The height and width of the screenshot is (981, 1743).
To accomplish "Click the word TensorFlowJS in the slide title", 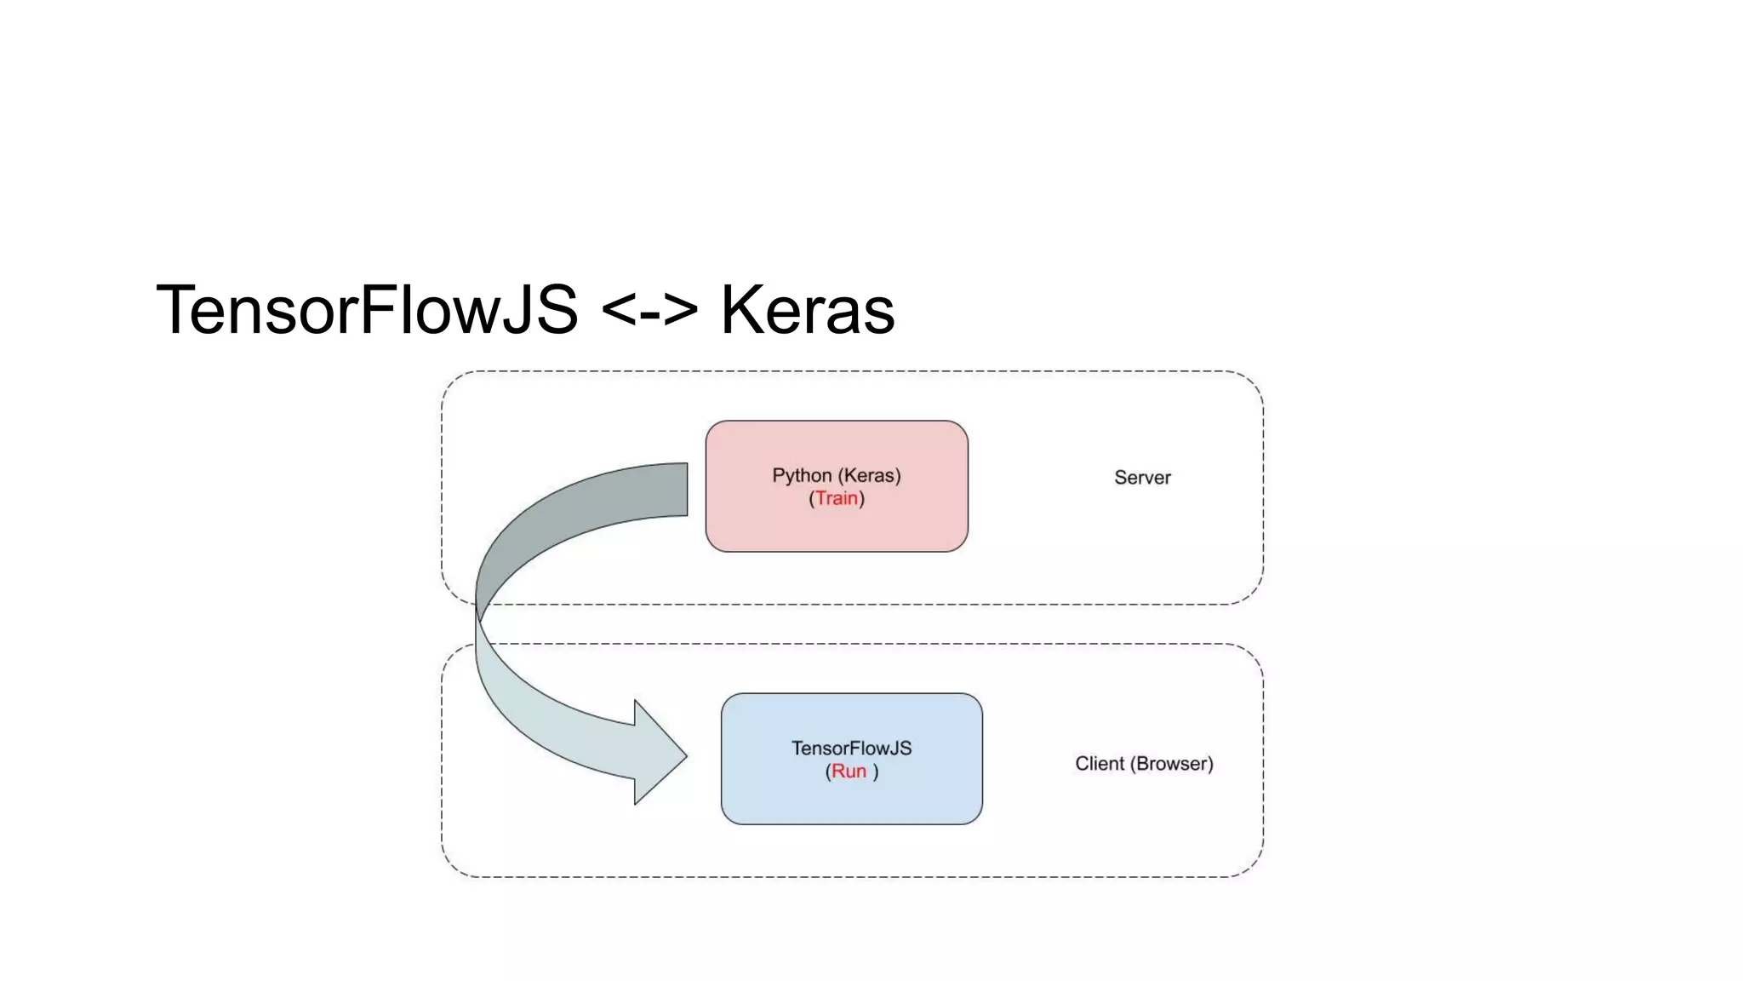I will point(367,310).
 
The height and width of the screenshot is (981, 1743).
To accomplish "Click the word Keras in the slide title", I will point(808,310).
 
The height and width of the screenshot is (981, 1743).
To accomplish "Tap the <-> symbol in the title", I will point(649,310).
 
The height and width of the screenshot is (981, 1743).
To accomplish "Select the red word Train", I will point(837,498).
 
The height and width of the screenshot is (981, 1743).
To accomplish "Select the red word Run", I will point(849,771).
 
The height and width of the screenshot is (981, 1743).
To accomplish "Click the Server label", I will point(1142,478).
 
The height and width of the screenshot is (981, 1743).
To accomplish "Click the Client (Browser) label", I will point(1144,764).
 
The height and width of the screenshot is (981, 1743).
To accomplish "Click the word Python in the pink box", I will point(802,475).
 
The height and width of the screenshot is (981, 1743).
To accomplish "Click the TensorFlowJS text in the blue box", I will point(851,748).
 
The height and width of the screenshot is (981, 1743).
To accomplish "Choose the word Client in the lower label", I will point(1100,764).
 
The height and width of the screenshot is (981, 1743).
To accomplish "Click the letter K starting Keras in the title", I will point(739,310).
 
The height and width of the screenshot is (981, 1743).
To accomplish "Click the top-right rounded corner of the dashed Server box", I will point(1251,383).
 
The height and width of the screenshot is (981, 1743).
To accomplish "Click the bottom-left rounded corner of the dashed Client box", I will point(454,865).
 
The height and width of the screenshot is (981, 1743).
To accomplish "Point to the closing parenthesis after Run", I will point(876,772).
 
